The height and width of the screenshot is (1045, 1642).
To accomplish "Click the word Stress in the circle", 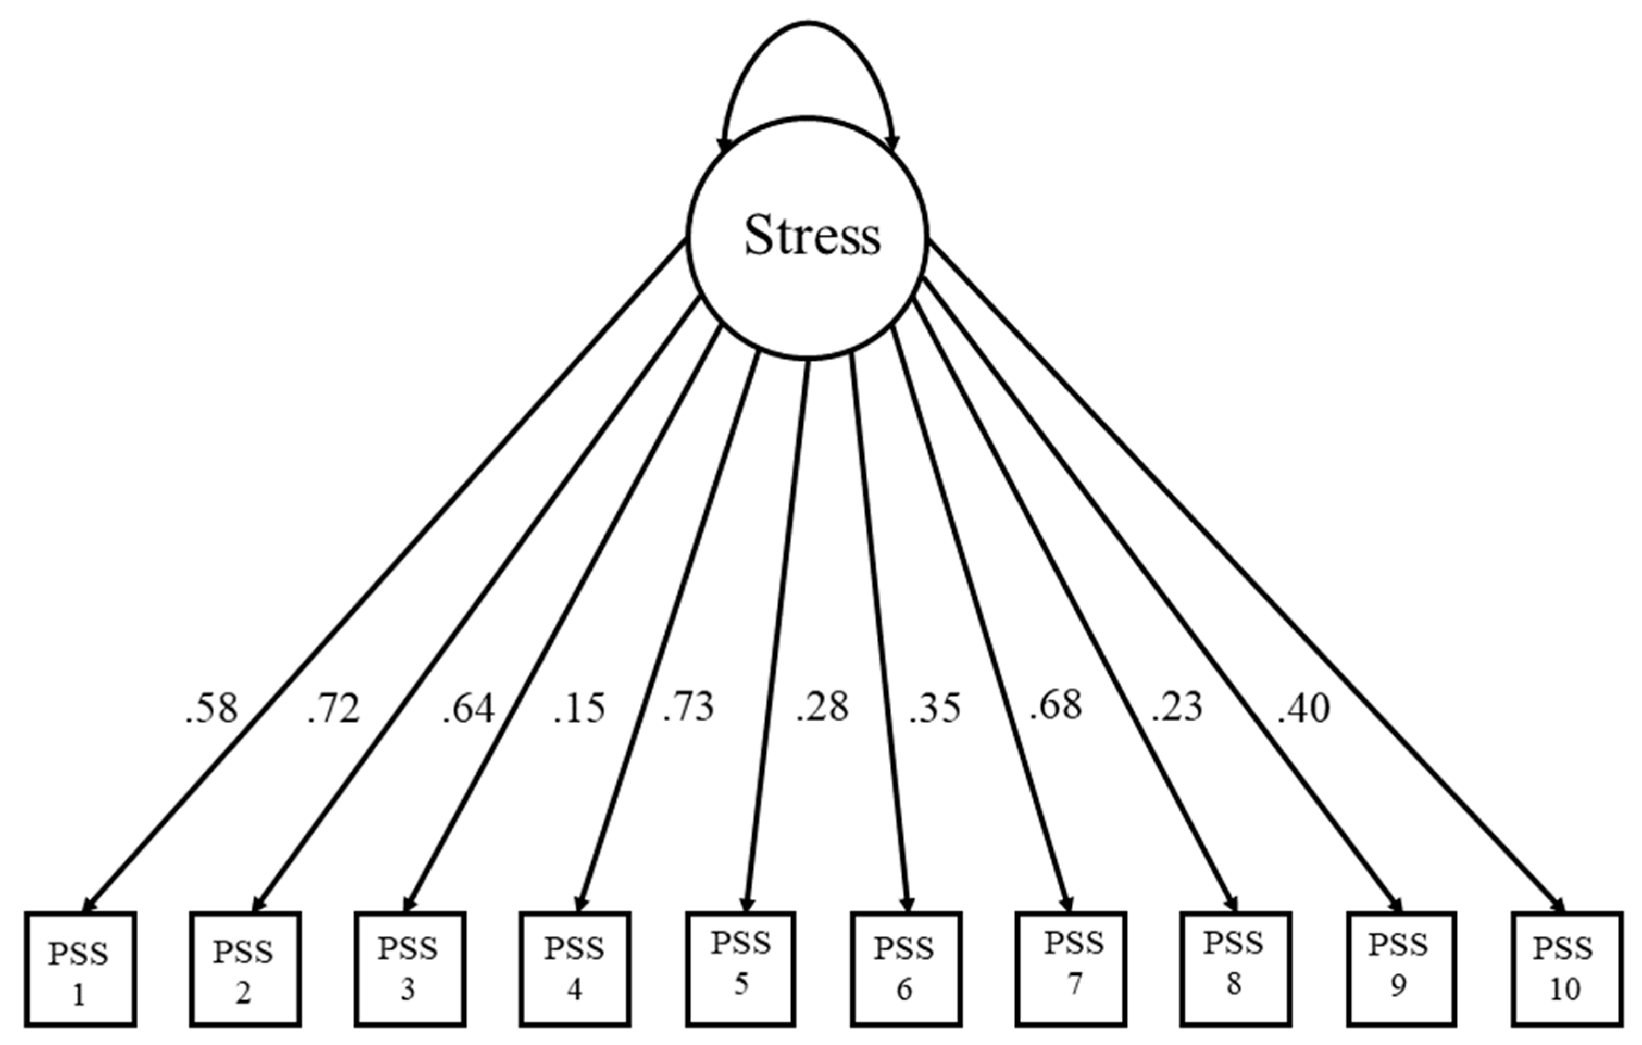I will pos(811,236).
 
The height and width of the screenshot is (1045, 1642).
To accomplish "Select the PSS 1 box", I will pos(80,969).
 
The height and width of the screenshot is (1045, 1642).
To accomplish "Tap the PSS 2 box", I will pos(246,969).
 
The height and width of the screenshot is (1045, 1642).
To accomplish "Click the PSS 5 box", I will pos(740,967).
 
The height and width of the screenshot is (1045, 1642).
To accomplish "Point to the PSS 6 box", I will pos(906,969).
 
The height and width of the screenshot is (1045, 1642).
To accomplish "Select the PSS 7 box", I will pos(1071,968).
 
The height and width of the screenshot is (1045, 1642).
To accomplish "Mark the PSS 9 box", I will pos(1401,968).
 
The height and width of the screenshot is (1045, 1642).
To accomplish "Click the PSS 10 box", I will pos(1565,969).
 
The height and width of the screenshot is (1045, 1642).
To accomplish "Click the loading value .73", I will pos(689,708).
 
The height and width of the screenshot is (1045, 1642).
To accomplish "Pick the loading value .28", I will pos(822,708).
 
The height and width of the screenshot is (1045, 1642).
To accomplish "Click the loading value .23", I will pos(1177,708).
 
